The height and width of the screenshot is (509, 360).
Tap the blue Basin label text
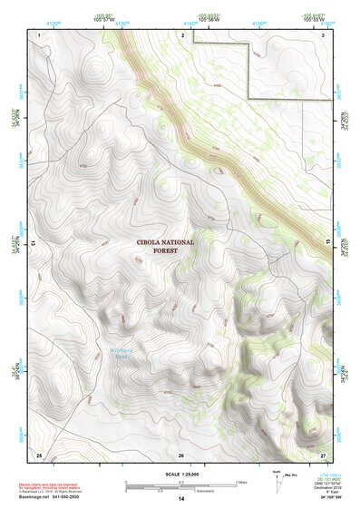click(123, 357)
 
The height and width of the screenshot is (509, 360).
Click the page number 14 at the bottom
click(180, 500)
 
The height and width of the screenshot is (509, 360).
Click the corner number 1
click(41, 33)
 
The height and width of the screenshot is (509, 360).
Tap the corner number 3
click(324, 33)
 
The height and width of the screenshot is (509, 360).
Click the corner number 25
click(39, 454)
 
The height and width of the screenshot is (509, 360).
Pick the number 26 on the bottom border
click(181, 454)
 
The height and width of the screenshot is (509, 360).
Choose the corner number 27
click(323, 454)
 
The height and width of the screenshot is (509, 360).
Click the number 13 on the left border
click(33, 243)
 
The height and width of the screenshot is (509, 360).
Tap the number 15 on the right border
click(330, 243)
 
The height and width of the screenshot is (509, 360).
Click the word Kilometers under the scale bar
click(193, 490)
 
